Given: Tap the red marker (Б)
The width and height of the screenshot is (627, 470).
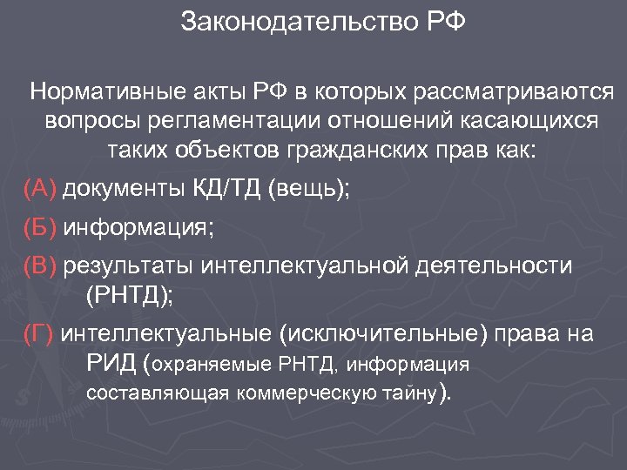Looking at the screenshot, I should tap(41, 227).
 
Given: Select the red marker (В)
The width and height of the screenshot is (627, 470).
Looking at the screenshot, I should tap(41, 266).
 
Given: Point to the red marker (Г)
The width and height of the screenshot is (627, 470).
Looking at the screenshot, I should tap(40, 334).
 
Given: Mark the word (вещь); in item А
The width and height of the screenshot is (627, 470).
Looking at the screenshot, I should tap(309, 188).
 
